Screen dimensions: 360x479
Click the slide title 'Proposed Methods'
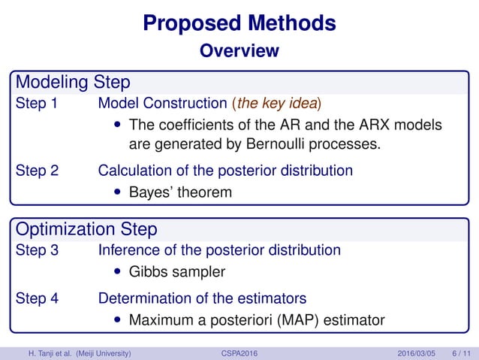[239, 23]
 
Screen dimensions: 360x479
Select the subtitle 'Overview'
[239, 51]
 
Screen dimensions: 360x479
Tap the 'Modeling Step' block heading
[73, 81]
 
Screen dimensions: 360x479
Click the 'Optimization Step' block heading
[86, 228]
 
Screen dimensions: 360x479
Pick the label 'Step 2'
[37, 171]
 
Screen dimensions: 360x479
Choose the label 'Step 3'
[37, 250]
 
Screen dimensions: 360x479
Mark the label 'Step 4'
[37, 298]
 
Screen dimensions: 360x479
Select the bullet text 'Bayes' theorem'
[180, 192]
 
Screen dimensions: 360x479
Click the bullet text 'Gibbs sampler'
[177, 271]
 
